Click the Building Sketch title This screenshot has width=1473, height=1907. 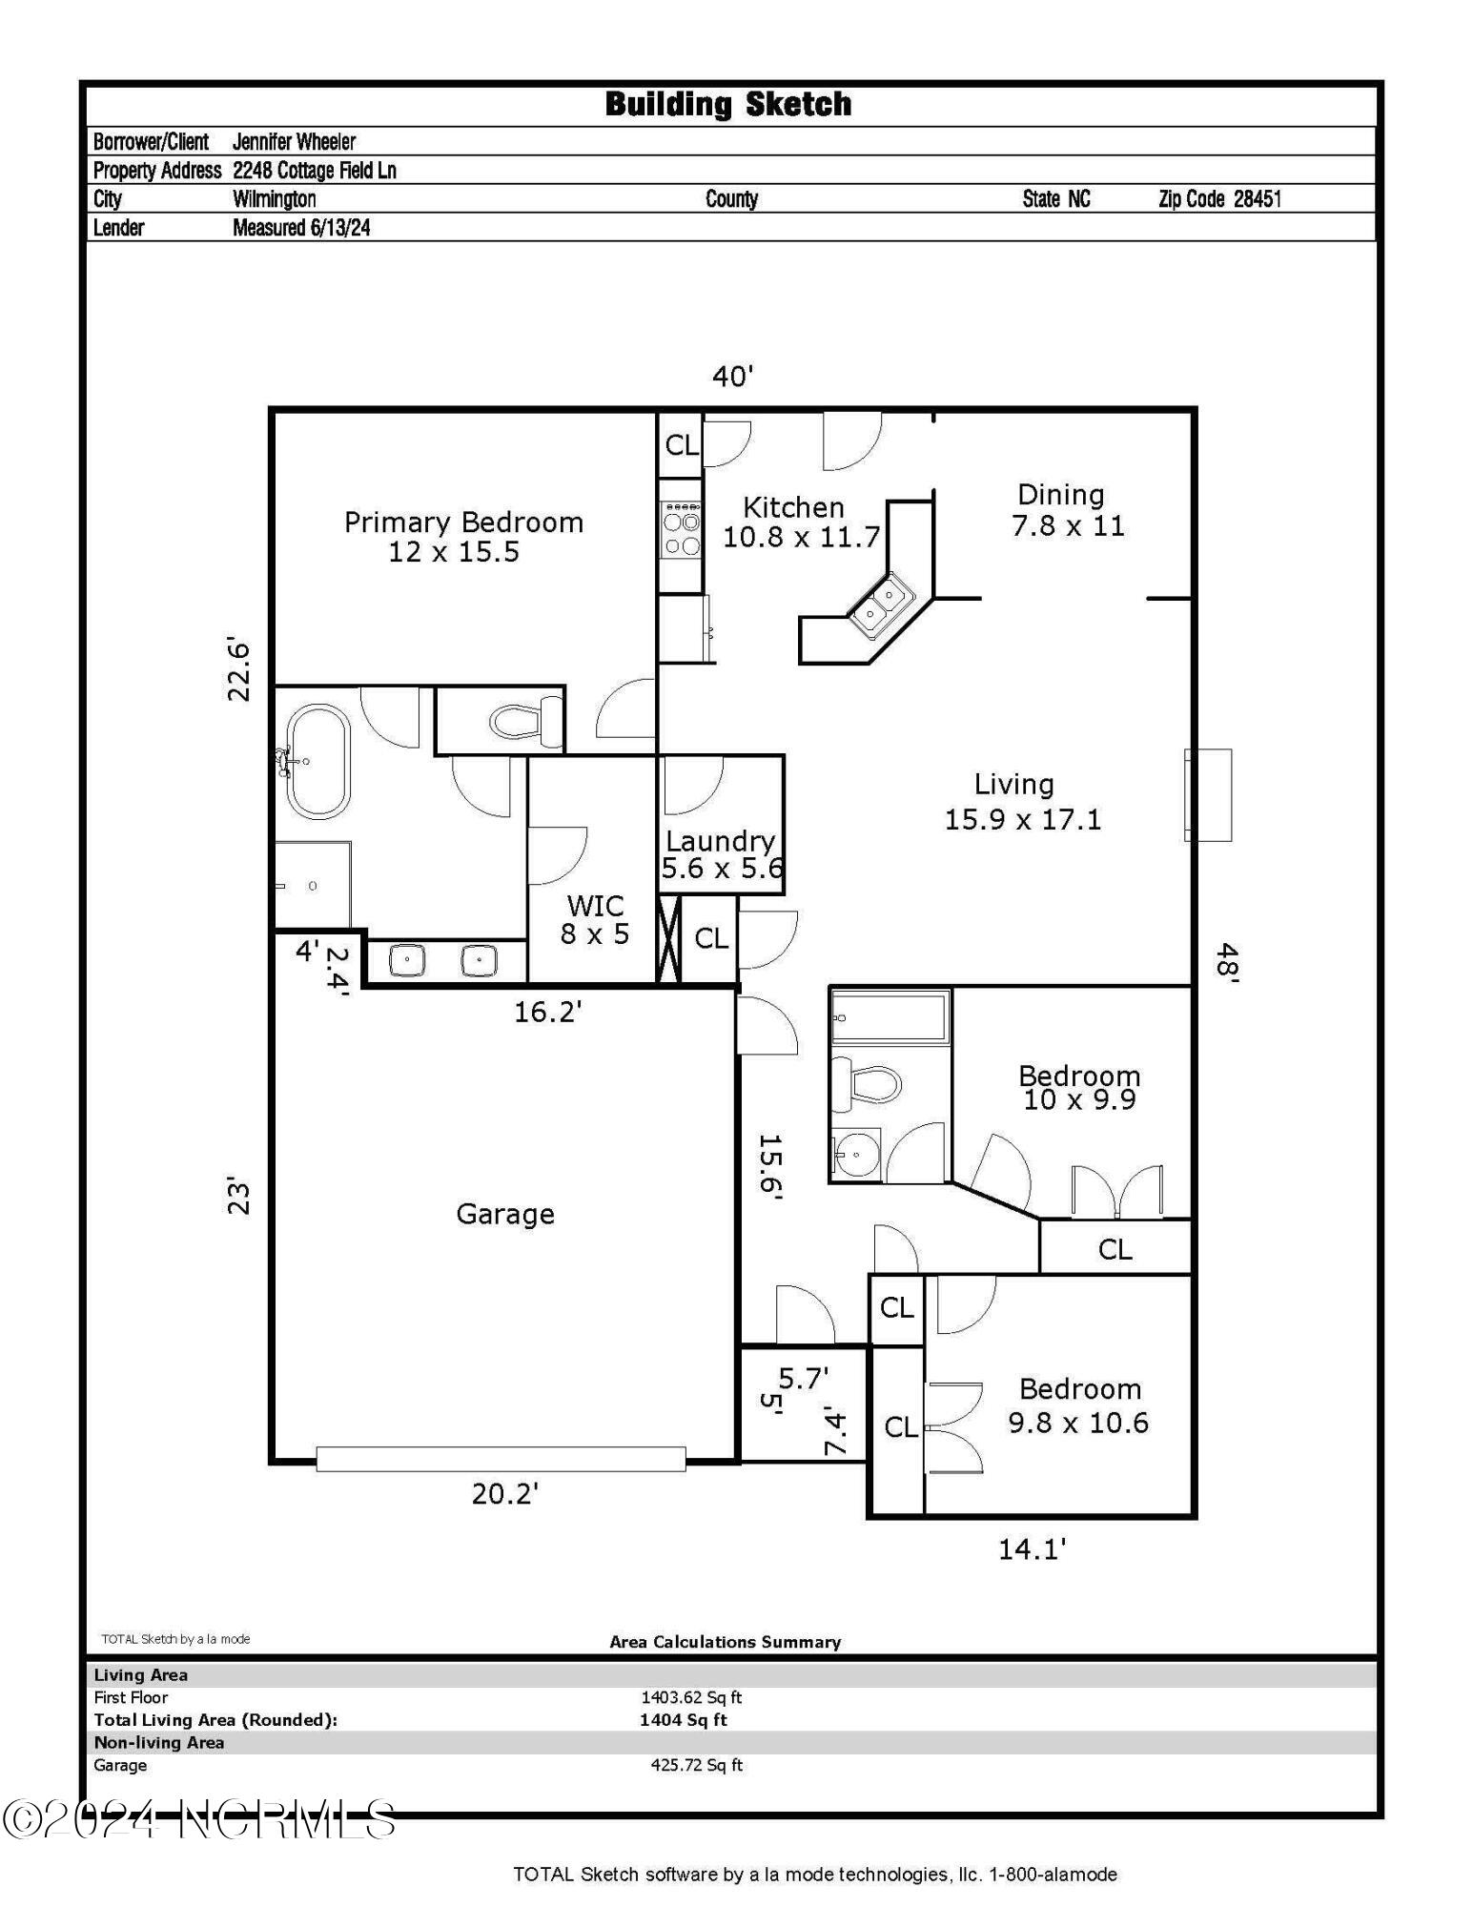[727, 104]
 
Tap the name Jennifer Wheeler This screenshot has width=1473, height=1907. [294, 142]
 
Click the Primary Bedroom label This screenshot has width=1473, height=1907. [462, 536]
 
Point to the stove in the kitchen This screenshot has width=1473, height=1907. [682, 532]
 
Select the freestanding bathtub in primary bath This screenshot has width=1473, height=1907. [317, 761]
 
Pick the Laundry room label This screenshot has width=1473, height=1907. [721, 853]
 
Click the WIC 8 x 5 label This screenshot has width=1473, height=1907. [595, 919]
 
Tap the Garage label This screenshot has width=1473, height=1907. [504, 1214]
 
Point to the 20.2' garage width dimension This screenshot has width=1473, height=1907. [504, 1493]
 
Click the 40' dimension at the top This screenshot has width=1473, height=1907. [732, 377]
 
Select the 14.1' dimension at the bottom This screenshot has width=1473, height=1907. [1031, 1549]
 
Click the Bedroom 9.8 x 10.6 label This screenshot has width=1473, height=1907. [1078, 1405]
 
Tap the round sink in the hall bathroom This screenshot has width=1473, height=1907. [856, 1155]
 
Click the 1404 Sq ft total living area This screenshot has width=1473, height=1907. [683, 1720]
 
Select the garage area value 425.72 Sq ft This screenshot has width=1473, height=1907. [696, 1765]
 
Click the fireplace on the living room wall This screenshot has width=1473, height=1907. [1207, 794]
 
